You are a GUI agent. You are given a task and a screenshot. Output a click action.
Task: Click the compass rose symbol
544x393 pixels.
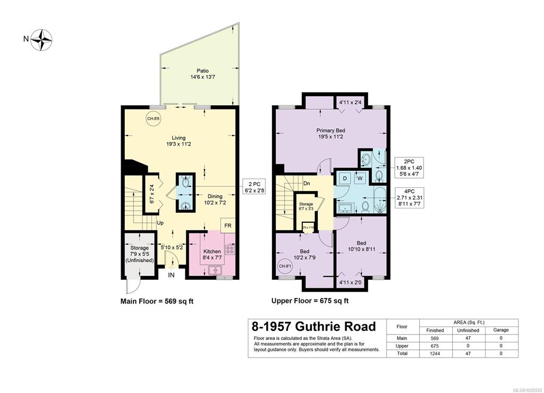click(41, 39)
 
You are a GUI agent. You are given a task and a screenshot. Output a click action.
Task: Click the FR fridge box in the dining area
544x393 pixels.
click(227, 225)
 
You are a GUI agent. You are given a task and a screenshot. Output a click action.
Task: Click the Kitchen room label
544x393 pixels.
click(212, 255)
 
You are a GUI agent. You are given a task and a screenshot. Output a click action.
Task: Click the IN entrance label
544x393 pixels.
click(172, 275)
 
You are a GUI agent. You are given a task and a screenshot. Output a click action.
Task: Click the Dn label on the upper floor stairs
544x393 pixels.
click(307, 183)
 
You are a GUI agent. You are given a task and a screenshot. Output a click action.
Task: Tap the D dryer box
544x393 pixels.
click(344, 178)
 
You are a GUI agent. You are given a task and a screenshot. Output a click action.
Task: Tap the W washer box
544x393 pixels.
click(360, 178)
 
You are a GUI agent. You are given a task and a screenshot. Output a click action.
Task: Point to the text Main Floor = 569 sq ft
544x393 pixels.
click(158, 301)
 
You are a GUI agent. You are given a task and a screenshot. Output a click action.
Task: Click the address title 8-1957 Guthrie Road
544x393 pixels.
click(313, 327)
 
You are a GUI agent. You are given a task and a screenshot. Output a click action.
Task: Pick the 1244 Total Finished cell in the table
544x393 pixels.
click(435, 353)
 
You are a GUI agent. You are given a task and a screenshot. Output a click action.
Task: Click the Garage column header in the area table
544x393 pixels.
click(500, 330)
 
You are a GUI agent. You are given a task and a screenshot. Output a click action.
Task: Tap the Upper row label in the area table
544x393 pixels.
click(402, 345)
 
